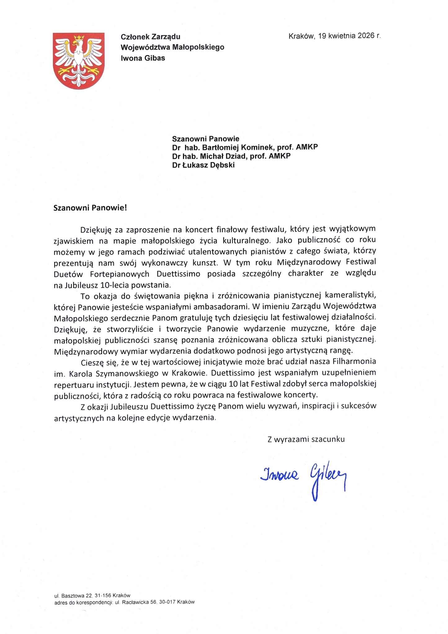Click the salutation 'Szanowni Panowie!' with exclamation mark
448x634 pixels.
click(90, 207)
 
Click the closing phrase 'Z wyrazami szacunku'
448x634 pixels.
click(306, 439)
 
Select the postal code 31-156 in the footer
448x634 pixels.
click(101, 595)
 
